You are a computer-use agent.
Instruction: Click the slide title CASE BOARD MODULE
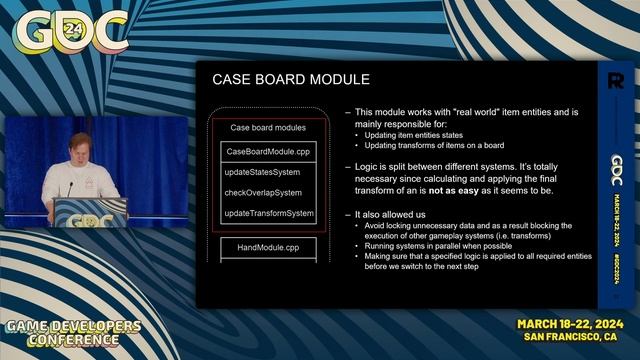pyautogui.click(x=291, y=79)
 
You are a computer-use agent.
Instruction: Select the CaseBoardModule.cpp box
pyautogui.click(x=268, y=151)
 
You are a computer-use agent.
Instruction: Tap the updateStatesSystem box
pyautogui.click(x=262, y=172)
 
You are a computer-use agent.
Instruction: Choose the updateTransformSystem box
pyautogui.click(x=268, y=213)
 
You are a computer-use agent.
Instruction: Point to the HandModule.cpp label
pyautogui.click(x=268, y=246)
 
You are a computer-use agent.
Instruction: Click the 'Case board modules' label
pyautogui.click(x=268, y=128)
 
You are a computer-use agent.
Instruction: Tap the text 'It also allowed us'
pyautogui.click(x=393, y=214)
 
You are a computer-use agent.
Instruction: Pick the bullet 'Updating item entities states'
pyautogui.click(x=412, y=134)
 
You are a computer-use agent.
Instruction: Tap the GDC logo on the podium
pyautogui.click(x=93, y=219)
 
